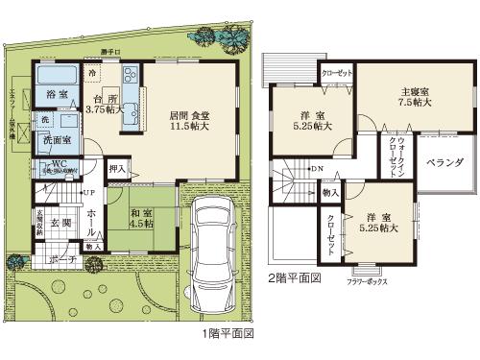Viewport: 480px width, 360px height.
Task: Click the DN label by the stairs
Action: [317, 171]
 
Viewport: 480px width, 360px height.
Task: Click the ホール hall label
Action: [90, 222]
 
